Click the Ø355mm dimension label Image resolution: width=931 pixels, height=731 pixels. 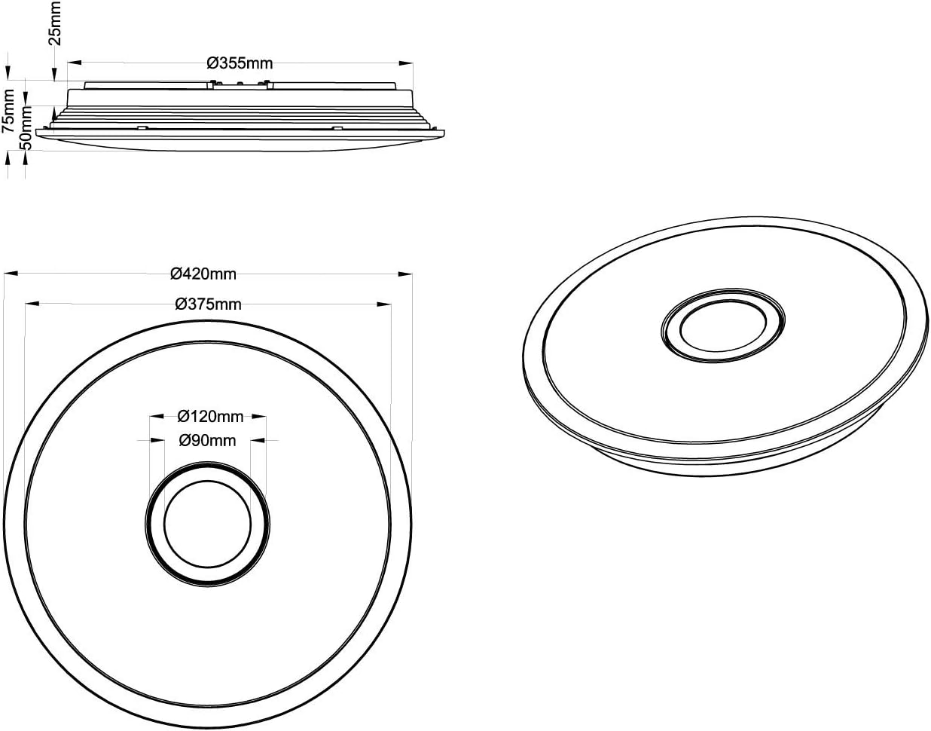click(240, 63)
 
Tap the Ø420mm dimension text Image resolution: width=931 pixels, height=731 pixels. click(203, 274)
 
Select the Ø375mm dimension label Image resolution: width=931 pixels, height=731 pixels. click(208, 304)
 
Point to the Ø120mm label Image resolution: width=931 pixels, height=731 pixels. click(210, 416)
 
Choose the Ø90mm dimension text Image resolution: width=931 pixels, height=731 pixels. click(207, 440)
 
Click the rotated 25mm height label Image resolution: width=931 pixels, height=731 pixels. click(55, 23)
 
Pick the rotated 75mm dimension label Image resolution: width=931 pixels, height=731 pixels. click(8, 111)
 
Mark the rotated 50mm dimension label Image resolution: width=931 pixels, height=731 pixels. click(26, 127)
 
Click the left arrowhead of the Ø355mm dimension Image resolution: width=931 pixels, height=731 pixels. click(75, 63)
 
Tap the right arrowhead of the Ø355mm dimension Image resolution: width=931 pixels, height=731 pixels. click(406, 63)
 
